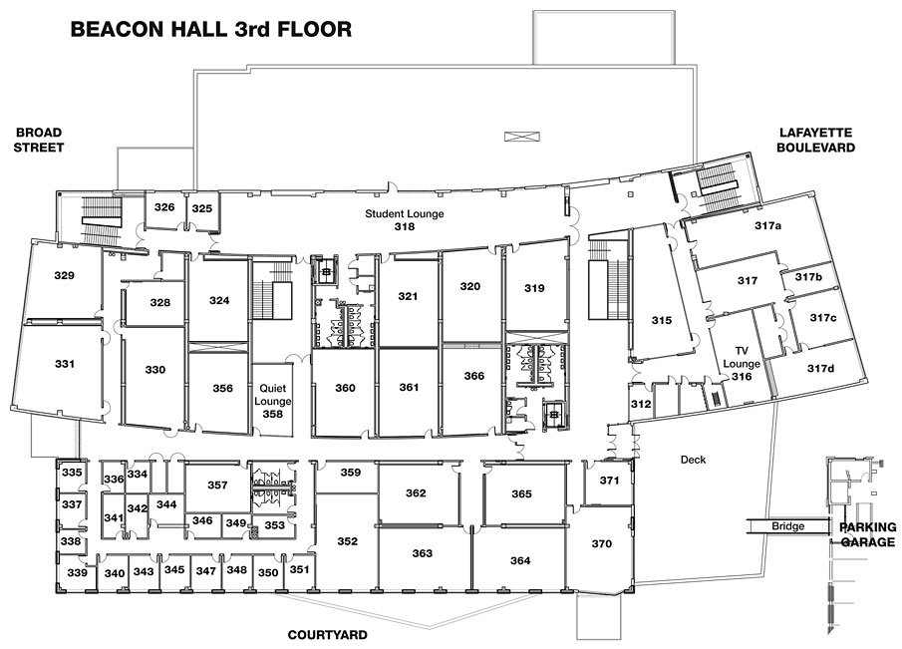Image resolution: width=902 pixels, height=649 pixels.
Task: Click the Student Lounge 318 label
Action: pos(405,219)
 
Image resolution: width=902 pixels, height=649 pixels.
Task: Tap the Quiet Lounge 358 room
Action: pos(273,401)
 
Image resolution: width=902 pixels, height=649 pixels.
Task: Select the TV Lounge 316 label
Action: pos(742,364)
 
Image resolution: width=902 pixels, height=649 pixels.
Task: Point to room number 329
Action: pos(65,275)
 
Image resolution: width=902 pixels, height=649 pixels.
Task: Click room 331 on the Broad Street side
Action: pos(65,364)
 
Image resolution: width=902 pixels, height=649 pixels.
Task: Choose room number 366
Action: pos(474,376)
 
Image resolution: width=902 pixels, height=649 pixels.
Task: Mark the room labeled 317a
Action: pos(768,225)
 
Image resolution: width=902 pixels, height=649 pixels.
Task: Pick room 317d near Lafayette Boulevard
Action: pos(821,368)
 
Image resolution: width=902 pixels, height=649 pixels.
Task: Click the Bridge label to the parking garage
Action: pos(788,526)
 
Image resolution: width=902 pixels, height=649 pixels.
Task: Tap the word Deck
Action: pos(693,460)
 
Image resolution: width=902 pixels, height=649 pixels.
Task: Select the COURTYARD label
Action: pos(327,635)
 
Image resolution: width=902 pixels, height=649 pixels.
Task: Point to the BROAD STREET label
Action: pos(39,140)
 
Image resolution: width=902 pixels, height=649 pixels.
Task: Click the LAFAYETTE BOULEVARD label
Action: pos(815,140)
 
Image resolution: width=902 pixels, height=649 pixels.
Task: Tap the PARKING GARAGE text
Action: pos(867,534)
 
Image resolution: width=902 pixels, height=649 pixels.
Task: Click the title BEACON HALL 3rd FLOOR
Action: pos(211,29)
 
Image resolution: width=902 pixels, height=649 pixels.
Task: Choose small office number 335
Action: pos(72,473)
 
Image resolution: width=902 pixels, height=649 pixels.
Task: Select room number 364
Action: pos(520,560)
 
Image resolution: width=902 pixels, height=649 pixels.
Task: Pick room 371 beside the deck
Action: pos(609,481)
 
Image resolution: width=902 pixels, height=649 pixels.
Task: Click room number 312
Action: pos(641,404)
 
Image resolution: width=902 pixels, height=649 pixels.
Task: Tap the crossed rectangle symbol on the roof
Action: pos(522,137)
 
